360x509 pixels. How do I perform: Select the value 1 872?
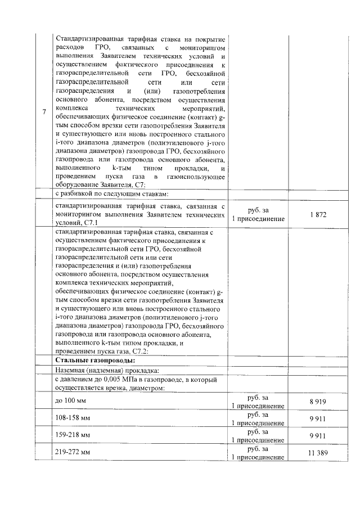318,215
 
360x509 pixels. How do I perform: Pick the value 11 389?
318,453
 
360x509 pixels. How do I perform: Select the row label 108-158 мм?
73,418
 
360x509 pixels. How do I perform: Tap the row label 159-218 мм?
73,435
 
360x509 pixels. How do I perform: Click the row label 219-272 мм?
73,452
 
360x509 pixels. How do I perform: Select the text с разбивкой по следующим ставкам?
112,194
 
